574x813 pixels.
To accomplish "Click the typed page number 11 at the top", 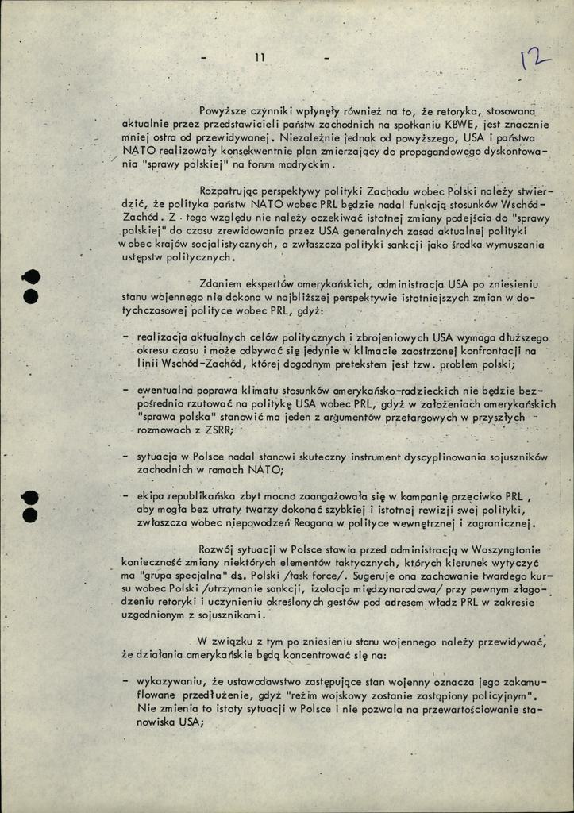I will click(x=260, y=56).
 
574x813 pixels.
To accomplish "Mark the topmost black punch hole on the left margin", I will click(x=31, y=278).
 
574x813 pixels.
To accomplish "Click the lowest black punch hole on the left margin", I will click(x=30, y=515).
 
